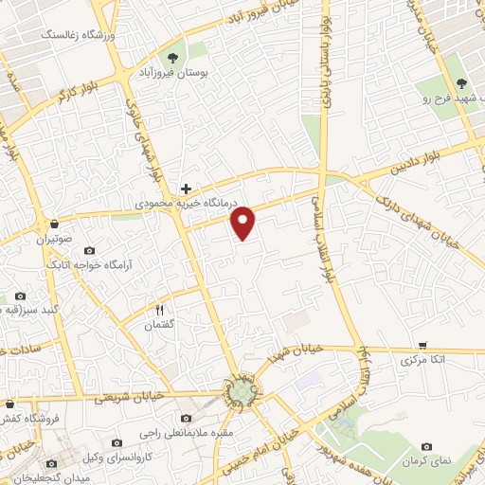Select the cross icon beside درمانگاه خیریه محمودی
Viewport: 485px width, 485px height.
coord(187,189)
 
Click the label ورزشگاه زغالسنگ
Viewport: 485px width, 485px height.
coord(75,36)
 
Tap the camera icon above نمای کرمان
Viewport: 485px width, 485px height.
coord(426,445)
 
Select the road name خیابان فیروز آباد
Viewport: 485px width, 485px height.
coord(268,14)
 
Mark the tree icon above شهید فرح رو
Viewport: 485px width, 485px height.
coord(462,85)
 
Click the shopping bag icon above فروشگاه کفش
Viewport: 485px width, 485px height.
coord(9,402)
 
